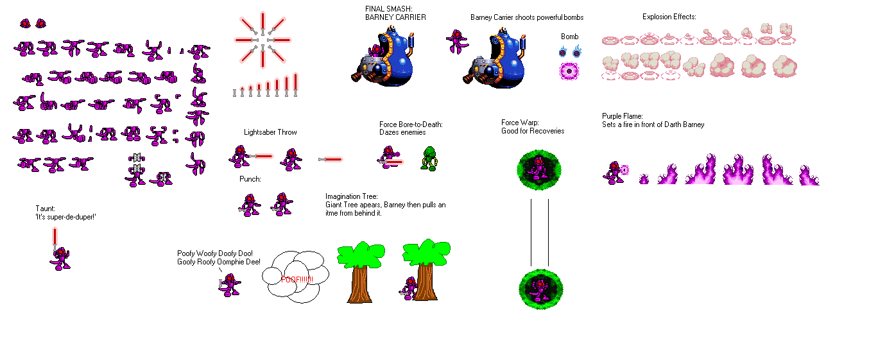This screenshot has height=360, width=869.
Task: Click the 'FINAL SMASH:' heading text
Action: tap(386, 8)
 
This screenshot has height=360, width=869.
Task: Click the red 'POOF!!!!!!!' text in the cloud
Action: tap(297, 279)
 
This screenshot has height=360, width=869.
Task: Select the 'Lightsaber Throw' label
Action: tap(270, 132)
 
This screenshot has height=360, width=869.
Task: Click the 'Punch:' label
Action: tap(250, 179)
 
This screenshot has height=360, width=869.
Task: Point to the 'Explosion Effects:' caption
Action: tap(669, 17)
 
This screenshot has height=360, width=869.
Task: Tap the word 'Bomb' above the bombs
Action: tap(569, 37)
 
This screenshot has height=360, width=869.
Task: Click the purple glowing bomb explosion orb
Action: tap(569, 71)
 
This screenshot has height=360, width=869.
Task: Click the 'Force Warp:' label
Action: tap(521, 123)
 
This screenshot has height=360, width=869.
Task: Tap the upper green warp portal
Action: tap(539, 169)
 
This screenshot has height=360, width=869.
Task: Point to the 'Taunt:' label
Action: tap(46, 209)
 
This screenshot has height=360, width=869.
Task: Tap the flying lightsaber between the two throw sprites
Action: tap(331, 159)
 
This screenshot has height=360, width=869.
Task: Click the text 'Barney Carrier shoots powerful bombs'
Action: tap(526, 17)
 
